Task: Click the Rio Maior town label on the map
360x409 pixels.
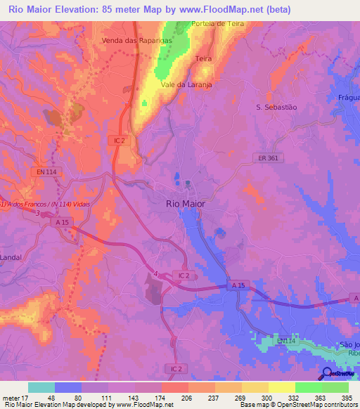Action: coord(186,204)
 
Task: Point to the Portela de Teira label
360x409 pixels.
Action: coord(218,23)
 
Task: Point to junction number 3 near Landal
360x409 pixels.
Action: coord(37,214)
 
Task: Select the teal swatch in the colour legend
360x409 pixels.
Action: coord(41,387)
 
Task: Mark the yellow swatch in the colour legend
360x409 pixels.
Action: coord(281,387)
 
